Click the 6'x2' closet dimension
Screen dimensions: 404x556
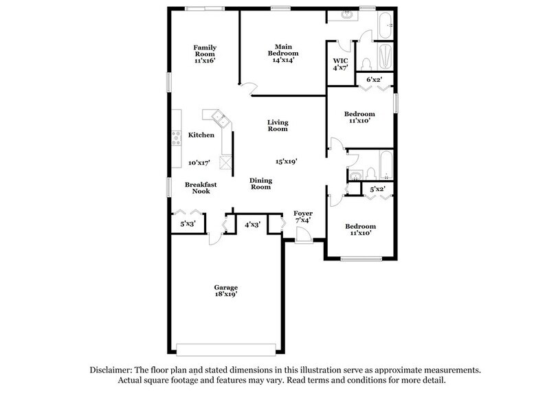point(374,80)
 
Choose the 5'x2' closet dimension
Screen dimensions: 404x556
point(377,189)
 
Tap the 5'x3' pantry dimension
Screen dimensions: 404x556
point(188,223)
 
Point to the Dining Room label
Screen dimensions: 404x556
point(260,183)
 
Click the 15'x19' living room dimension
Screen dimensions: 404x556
point(286,161)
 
